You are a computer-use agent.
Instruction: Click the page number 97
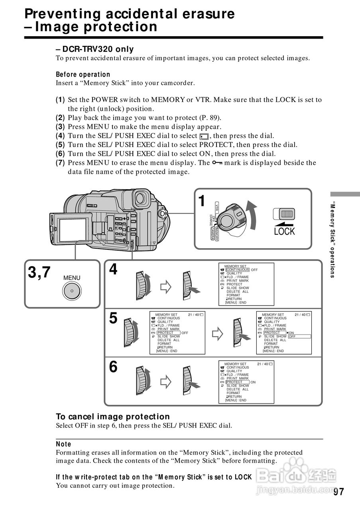[x=338, y=491]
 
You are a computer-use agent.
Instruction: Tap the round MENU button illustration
[x=72, y=290]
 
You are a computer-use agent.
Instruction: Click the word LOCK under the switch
[x=284, y=231]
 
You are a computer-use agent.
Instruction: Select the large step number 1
[x=202, y=201]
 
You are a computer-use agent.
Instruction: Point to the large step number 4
[x=113, y=270]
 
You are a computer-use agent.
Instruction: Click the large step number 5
[x=113, y=318]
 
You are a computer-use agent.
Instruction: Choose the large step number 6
[x=113, y=367]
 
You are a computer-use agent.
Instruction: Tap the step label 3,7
[x=39, y=273]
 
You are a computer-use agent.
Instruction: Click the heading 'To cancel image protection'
[x=113, y=416]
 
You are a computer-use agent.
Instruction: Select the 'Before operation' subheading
[x=83, y=75]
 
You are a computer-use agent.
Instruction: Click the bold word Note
[x=63, y=444]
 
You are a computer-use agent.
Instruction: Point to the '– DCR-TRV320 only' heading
[x=95, y=49]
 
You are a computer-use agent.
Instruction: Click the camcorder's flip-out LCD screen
[x=73, y=230]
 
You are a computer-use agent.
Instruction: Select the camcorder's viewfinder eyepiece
[x=141, y=198]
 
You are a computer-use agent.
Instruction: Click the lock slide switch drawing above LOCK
[x=284, y=214]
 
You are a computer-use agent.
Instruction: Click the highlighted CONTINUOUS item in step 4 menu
[x=238, y=270]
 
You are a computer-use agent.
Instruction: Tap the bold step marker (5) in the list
[x=60, y=145]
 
